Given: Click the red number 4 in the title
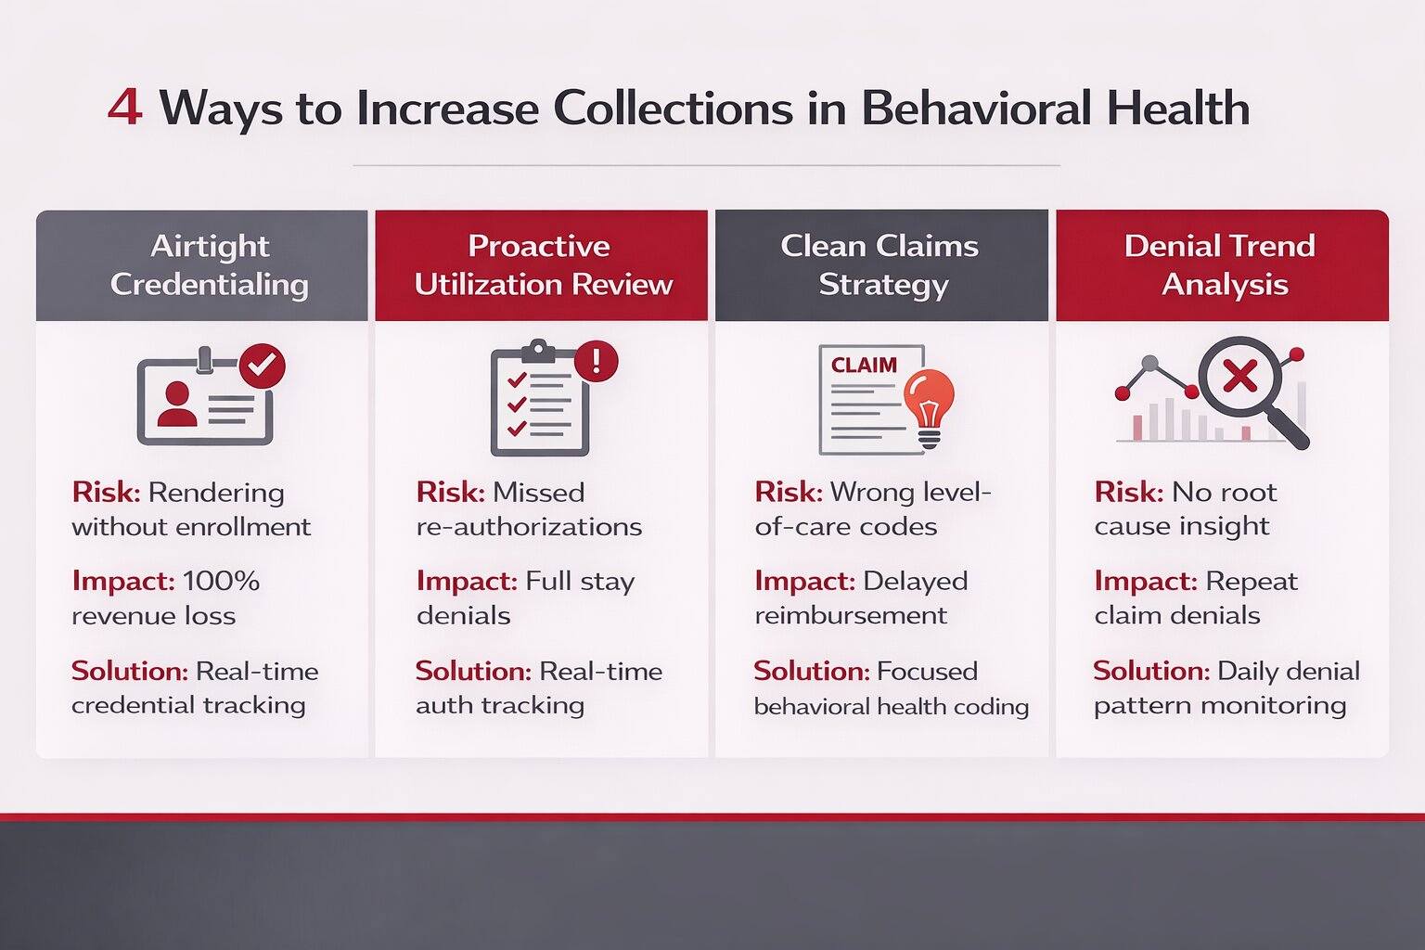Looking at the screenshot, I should pyautogui.click(x=124, y=107).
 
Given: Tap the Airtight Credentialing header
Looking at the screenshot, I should pyautogui.click(x=210, y=265).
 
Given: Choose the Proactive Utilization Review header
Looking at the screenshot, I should pyautogui.click(x=542, y=265).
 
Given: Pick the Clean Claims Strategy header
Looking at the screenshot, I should pyautogui.click(x=880, y=265).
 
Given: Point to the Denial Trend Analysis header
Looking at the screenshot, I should pyautogui.click(x=1222, y=265).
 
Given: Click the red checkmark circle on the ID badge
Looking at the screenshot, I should pyautogui.click(x=263, y=366).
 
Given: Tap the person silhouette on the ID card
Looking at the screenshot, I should pyautogui.click(x=176, y=404).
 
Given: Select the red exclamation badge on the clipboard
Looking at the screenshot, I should pyautogui.click(x=597, y=360).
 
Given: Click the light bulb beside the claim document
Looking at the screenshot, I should pyautogui.click(x=929, y=403).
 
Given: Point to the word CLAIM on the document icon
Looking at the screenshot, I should pyautogui.click(x=864, y=366).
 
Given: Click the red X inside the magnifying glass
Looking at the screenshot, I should pyautogui.click(x=1239, y=377).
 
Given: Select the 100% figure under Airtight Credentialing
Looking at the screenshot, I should pyautogui.click(x=221, y=582).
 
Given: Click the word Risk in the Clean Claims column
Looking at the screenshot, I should pyautogui.click(x=788, y=492).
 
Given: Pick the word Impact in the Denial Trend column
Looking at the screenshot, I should pyautogui.click(x=1145, y=582).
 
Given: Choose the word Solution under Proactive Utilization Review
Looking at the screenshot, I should pyautogui.click(x=473, y=671).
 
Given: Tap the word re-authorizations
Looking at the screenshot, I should pyautogui.click(x=529, y=527).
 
